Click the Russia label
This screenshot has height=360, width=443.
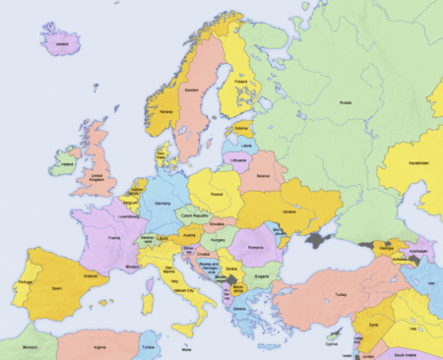pos(345,102)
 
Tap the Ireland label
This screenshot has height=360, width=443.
pos(66,163)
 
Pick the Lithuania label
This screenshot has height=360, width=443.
pos(237,158)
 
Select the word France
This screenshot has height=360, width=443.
pos(113,238)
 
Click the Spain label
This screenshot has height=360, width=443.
pos(57,288)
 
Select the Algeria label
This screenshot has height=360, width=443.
pos(99,347)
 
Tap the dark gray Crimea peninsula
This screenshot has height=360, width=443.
pos(317,238)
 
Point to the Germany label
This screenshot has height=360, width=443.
pos(162,203)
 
